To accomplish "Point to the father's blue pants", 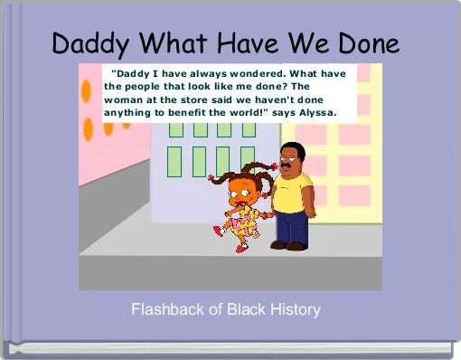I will pos(291,226).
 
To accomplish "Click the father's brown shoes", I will pos(287,245).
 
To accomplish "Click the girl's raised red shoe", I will pos(217,232).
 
